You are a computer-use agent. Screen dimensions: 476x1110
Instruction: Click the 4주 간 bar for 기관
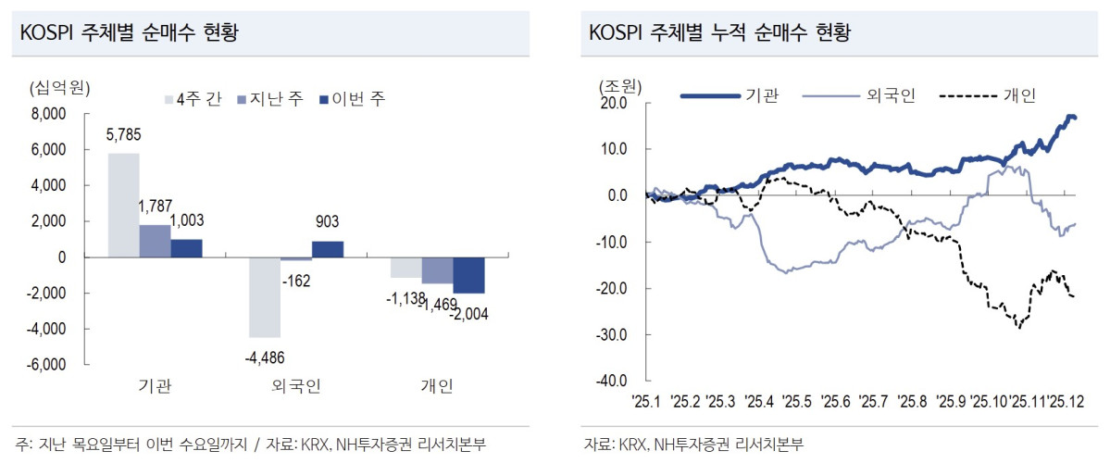click(x=124, y=206)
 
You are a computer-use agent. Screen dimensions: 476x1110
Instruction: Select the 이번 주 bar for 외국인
click(x=327, y=249)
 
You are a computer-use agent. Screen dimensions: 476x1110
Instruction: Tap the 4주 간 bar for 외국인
click(x=265, y=297)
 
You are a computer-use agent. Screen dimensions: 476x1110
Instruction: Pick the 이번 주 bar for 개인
click(x=468, y=275)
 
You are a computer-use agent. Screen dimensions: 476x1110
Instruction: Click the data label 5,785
click(x=123, y=136)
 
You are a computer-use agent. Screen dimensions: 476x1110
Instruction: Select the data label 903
click(x=327, y=222)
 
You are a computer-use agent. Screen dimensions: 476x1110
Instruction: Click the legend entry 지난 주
click(x=270, y=99)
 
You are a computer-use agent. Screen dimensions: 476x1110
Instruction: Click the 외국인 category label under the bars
click(x=296, y=386)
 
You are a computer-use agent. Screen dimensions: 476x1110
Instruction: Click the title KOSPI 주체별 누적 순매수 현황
click(x=719, y=33)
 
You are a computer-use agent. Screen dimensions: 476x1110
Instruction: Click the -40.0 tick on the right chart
click(x=612, y=381)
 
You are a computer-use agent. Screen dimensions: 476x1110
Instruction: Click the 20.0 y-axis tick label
click(x=614, y=103)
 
